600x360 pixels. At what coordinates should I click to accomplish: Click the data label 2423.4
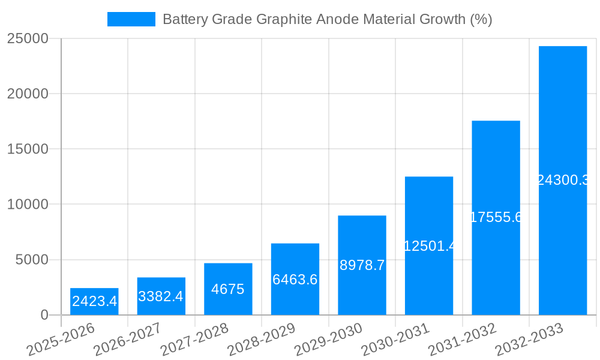[x=94, y=301]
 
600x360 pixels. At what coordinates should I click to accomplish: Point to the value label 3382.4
[x=161, y=296]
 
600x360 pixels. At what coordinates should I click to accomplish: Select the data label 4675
[x=228, y=289]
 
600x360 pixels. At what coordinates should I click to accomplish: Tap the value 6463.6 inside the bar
[x=295, y=279]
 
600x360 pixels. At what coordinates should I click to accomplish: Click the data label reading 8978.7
[x=362, y=265]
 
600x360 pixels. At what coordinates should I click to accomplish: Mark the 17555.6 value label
[x=496, y=217]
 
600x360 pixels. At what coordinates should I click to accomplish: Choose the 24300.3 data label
[x=563, y=180]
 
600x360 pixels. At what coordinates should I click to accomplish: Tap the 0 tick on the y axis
[x=44, y=315]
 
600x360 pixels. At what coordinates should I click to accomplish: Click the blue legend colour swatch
[x=131, y=19]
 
